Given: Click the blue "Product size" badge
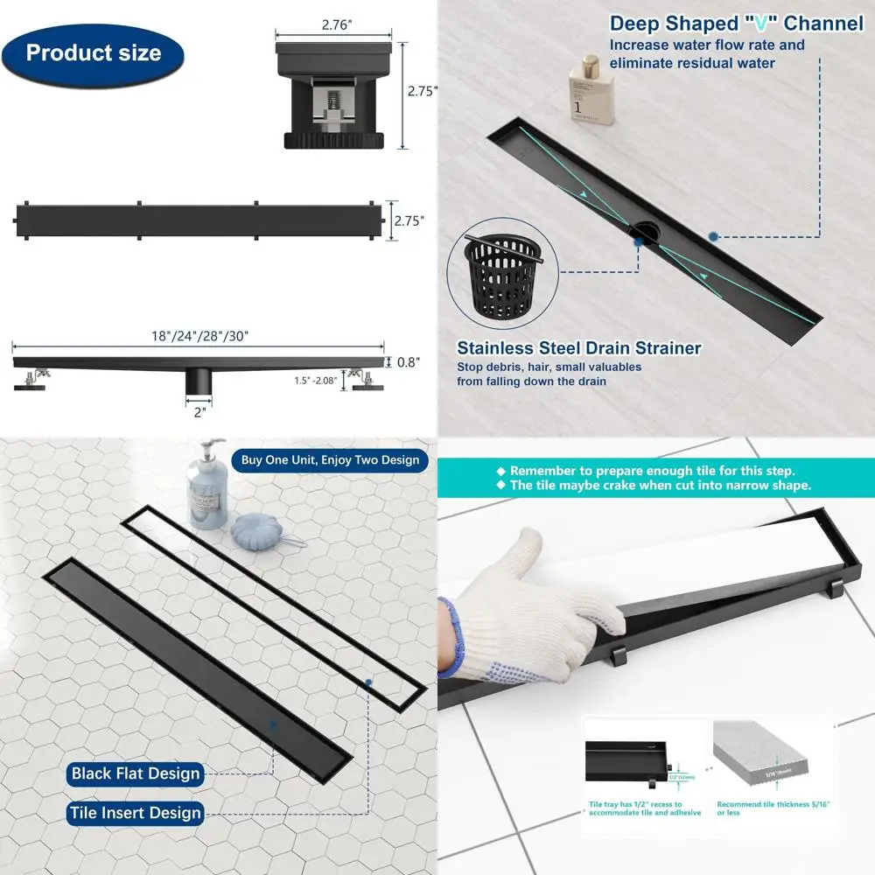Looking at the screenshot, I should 93,52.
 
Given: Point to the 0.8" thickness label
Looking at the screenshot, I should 408,361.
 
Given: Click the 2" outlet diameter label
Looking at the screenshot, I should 200,412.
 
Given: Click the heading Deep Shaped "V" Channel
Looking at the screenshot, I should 736,24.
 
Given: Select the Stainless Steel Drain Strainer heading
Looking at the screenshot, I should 578,348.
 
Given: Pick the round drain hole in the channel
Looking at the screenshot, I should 646,229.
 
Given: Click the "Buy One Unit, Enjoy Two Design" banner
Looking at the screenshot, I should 329,459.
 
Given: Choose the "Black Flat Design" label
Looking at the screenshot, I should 136,773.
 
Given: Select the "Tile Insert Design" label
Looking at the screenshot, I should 136,814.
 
